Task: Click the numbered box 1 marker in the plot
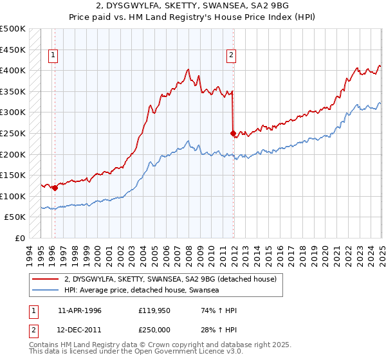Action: [x=52, y=56]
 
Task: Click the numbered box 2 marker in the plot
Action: [x=230, y=56]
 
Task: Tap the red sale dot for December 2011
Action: [x=233, y=134]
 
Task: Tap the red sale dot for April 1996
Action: [x=55, y=188]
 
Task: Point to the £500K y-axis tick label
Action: [x=13, y=29]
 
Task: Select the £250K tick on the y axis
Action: [x=13, y=133]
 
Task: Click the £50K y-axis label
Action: [x=15, y=217]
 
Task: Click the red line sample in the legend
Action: [x=46, y=279]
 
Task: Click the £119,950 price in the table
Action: [x=152, y=310]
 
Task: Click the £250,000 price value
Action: [x=152, y=330]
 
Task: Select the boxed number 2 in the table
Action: [x=33, y=330]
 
